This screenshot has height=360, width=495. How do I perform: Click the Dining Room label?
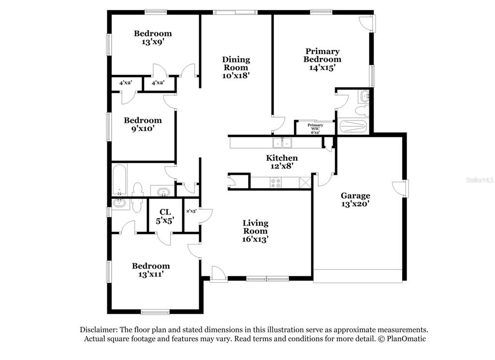(236, 63)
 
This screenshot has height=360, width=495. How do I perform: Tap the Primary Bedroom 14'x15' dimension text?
(322, 68)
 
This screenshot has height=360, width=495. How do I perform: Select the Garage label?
(355, 195)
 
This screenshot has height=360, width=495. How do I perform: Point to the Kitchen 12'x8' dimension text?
(282, 166)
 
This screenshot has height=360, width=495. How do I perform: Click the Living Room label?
(255, 227)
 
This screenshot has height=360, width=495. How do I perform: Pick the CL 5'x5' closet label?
(165, 216)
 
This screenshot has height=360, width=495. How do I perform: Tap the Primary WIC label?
(315, 127)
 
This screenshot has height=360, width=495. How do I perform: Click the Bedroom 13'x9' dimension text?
(153, 42)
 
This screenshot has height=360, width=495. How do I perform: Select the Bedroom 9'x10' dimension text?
(143, 129)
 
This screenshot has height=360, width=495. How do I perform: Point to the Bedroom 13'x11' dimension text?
(151, 274)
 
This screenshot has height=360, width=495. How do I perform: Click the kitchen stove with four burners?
(275, 183)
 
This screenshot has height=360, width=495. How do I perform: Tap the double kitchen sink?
(282, 143)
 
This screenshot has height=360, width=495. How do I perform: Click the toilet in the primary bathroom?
(361, 110)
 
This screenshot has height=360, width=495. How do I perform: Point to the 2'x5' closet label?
(191, 211)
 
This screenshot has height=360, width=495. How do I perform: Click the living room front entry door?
(219, 273)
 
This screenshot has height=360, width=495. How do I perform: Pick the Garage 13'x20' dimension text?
(355, 204)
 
